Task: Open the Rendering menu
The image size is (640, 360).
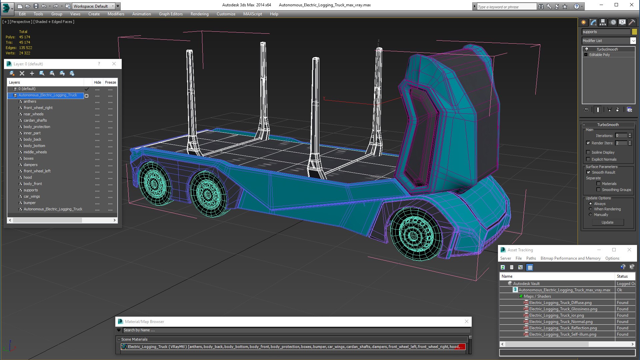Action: [x=199, y=14]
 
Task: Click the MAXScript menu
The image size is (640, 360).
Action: [x=252, y=14]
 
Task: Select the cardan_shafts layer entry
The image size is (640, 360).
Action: [x=35, y=120]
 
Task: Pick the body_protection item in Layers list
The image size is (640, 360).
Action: [x=37, y=127]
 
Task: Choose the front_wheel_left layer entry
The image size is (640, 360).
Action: [x=37, y=171]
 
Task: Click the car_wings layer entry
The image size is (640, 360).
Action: [x=32, y=196]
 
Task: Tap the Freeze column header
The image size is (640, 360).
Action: [x=110, y=82]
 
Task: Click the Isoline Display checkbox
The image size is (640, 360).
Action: [x=588, y=152]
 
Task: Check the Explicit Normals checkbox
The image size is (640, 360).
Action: [x=588, y=159]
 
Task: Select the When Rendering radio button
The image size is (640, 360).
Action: [x=591, y=209]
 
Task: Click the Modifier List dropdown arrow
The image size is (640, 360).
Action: [x=633, y=41]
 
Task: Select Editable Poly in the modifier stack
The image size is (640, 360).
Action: [x=599, y=55]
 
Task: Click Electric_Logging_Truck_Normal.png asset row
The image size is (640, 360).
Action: [x=561, y=322]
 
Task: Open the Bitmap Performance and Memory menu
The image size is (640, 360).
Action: [x=570, y=258]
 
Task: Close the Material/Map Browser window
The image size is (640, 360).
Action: [x=467, y=321]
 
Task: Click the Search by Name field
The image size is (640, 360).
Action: [x=293, y=330]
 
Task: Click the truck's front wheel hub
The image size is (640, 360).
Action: [x=413, y=235]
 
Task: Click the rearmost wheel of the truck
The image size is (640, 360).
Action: [x=154, y=183]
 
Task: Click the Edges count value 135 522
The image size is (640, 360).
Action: [x=25, y=48]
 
